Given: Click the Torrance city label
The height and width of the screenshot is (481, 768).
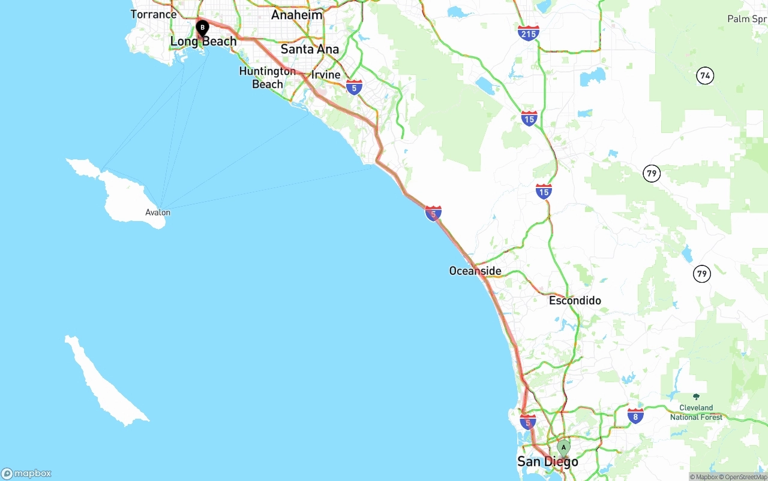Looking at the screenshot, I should pos(154,14).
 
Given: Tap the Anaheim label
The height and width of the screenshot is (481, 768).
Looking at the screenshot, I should pos(296,15).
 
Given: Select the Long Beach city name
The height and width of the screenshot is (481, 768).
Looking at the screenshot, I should pos(203,41).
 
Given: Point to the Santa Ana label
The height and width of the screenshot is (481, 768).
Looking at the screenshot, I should pos(310,49).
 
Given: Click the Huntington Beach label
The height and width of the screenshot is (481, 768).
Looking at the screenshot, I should pos(267,78).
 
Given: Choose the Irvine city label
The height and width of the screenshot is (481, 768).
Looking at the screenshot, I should pos(326,75).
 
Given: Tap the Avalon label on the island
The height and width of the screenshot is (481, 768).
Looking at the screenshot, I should pos(158,212).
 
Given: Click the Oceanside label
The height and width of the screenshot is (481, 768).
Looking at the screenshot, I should pos(475,271).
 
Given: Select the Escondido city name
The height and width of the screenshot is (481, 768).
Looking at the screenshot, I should pos(575,300).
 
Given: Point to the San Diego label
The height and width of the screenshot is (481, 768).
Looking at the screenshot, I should pos(548,461).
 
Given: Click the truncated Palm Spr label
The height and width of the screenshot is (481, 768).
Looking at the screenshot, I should pos(747,19).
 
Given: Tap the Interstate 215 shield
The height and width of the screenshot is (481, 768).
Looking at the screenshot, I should pos(529,33).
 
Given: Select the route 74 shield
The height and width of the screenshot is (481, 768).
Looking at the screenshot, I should pos(705,75).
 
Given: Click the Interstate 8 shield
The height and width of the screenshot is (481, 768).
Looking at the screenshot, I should pos(635,416).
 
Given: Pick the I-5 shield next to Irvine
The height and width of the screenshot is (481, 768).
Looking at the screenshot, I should pos(354,87).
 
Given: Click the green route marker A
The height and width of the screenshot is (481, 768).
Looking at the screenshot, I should pos(563,447).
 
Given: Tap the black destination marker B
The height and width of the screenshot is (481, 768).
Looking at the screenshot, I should pos(203,27).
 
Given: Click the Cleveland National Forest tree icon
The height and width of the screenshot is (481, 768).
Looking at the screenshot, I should pos(696,397).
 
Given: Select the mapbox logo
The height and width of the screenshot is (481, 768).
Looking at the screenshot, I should pos(26,473).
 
